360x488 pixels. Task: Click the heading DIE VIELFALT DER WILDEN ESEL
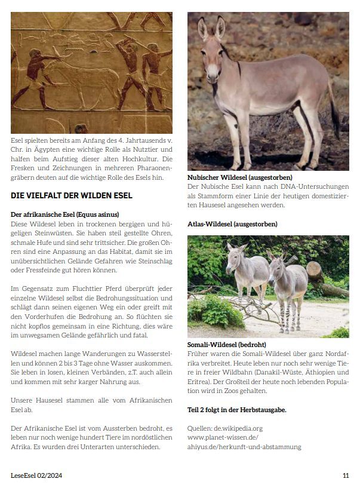(x=71, y=195)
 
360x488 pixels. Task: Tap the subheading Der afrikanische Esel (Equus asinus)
(x=65, y=214)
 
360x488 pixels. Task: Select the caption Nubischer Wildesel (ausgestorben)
(x=239, y=178)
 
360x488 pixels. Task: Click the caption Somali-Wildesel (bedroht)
(x=226, y=345)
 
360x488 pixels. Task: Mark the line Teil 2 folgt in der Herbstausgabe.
(x=236, y=409)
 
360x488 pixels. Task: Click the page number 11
(x=346, y=475)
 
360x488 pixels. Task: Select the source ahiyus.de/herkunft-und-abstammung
(x=244, y=446)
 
